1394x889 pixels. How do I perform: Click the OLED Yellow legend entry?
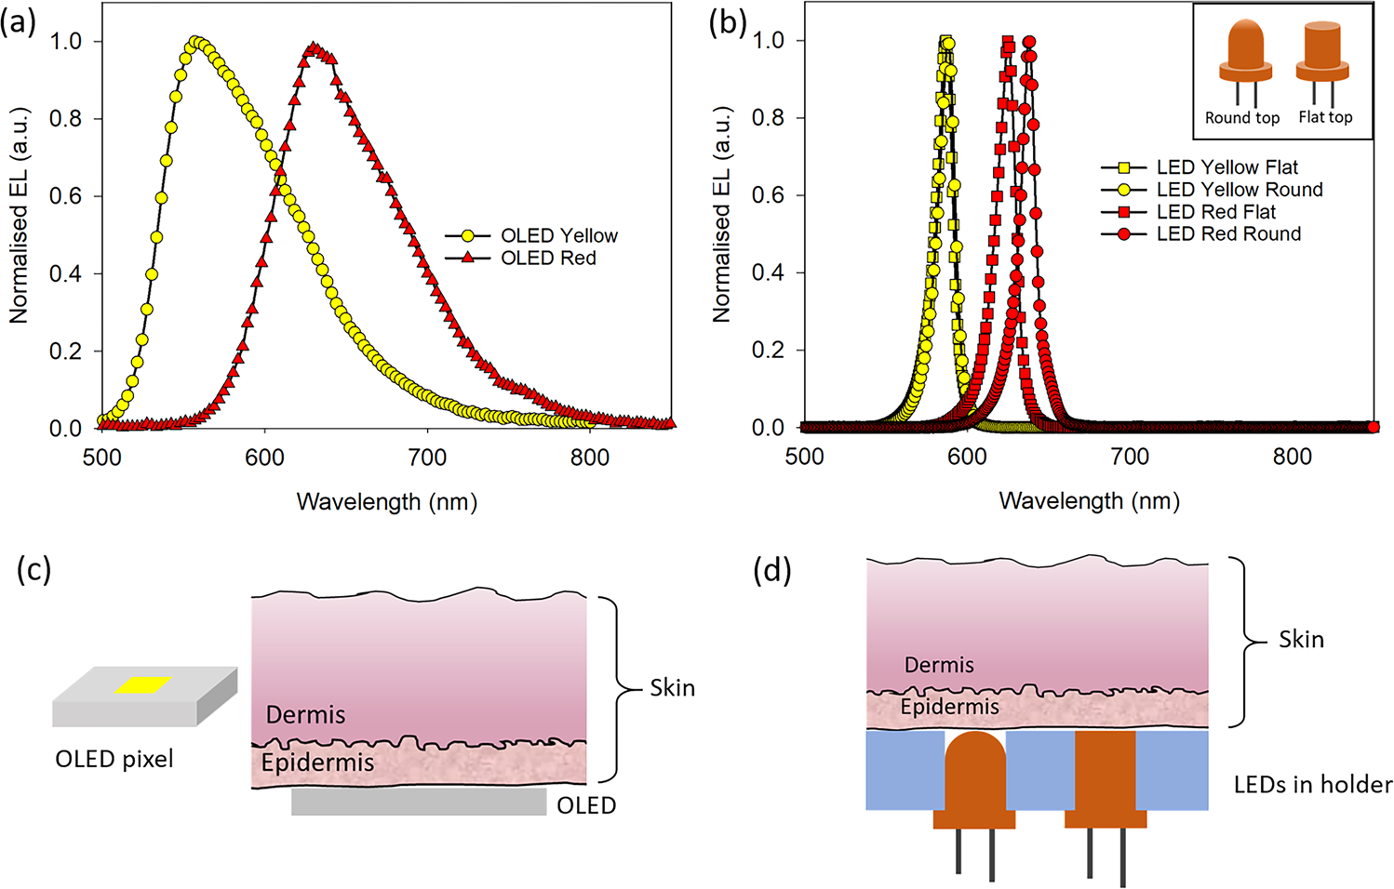[558, 235]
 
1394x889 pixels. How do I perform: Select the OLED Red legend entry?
[548, 258]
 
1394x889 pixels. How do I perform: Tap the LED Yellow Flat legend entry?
[1226, 167]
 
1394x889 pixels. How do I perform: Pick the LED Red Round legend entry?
[1228, 234]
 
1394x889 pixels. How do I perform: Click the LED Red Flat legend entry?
[1215, 212]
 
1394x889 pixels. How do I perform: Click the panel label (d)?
[771, 569]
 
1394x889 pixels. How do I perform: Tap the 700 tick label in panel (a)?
[427, 458]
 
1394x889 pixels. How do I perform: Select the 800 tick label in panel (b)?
[1292, 457]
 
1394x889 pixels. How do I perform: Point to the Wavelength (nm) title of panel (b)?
[1089, 501]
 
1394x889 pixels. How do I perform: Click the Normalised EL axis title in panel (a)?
[19, 216]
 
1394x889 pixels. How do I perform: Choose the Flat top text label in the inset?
[1325, 117]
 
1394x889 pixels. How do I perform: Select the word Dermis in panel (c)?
[305, 715]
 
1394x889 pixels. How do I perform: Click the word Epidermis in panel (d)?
[949, 708]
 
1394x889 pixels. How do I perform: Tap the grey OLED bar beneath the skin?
[419, 803]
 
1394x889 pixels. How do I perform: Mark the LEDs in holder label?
[1312, 785]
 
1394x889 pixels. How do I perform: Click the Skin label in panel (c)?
[672, 688]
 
